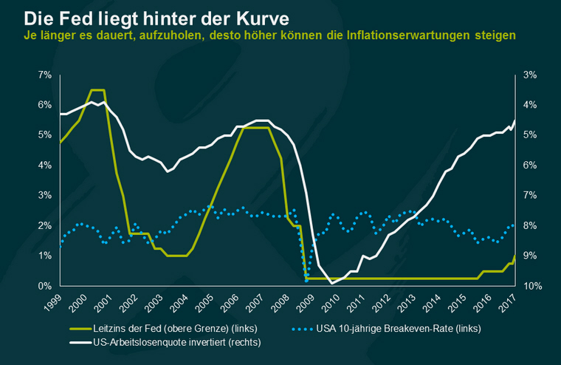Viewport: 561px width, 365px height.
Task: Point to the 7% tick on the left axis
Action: [45, 75]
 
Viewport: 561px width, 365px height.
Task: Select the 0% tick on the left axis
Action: [45, 286]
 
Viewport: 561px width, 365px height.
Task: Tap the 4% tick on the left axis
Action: [45, 166]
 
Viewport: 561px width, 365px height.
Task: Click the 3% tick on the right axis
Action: [530, 75]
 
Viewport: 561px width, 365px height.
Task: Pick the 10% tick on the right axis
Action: [532, 286]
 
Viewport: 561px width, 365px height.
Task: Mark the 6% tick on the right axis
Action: [530, 166]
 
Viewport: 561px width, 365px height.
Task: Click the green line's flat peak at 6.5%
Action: [97, 90]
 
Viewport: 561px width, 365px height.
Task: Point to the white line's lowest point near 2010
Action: [332, 283]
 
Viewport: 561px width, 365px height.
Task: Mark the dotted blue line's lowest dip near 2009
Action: [306, 280]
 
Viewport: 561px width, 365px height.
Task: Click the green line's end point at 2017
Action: [514, 256]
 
